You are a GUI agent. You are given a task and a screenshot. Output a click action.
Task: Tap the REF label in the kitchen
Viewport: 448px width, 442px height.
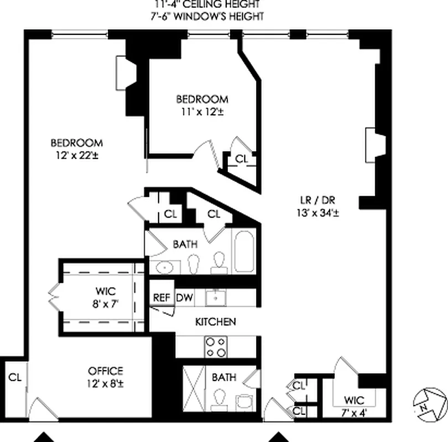pyautogui.click(x=162, y=297)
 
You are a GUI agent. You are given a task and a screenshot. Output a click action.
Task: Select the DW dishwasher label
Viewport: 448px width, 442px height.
pyautogui.click(x=184, y=297)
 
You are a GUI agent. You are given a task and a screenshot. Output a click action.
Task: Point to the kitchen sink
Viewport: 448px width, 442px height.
pyautogui.click(x=214, y=298)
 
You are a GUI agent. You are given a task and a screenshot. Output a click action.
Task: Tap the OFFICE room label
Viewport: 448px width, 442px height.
pyautogui.click(x=105, y=371)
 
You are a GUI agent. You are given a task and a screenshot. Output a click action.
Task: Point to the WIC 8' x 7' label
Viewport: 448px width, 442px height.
pyautogui.click(x=103, y=297)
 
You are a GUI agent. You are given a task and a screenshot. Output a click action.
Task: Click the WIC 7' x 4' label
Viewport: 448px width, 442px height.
pyautogui.click(x=353, y=406)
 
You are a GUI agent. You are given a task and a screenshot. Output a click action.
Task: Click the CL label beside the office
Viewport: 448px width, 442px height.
pyautogui.click(x=15, y=378)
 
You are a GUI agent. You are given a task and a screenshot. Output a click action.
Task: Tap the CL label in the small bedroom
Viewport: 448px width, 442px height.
pyautogui.click(x=242, y=159)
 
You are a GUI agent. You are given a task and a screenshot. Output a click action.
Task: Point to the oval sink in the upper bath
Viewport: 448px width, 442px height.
pyautogui.click(x=165, y=268)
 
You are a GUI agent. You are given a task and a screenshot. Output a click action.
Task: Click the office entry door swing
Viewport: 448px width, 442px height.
pyautogui.click(x=39, y=409)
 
